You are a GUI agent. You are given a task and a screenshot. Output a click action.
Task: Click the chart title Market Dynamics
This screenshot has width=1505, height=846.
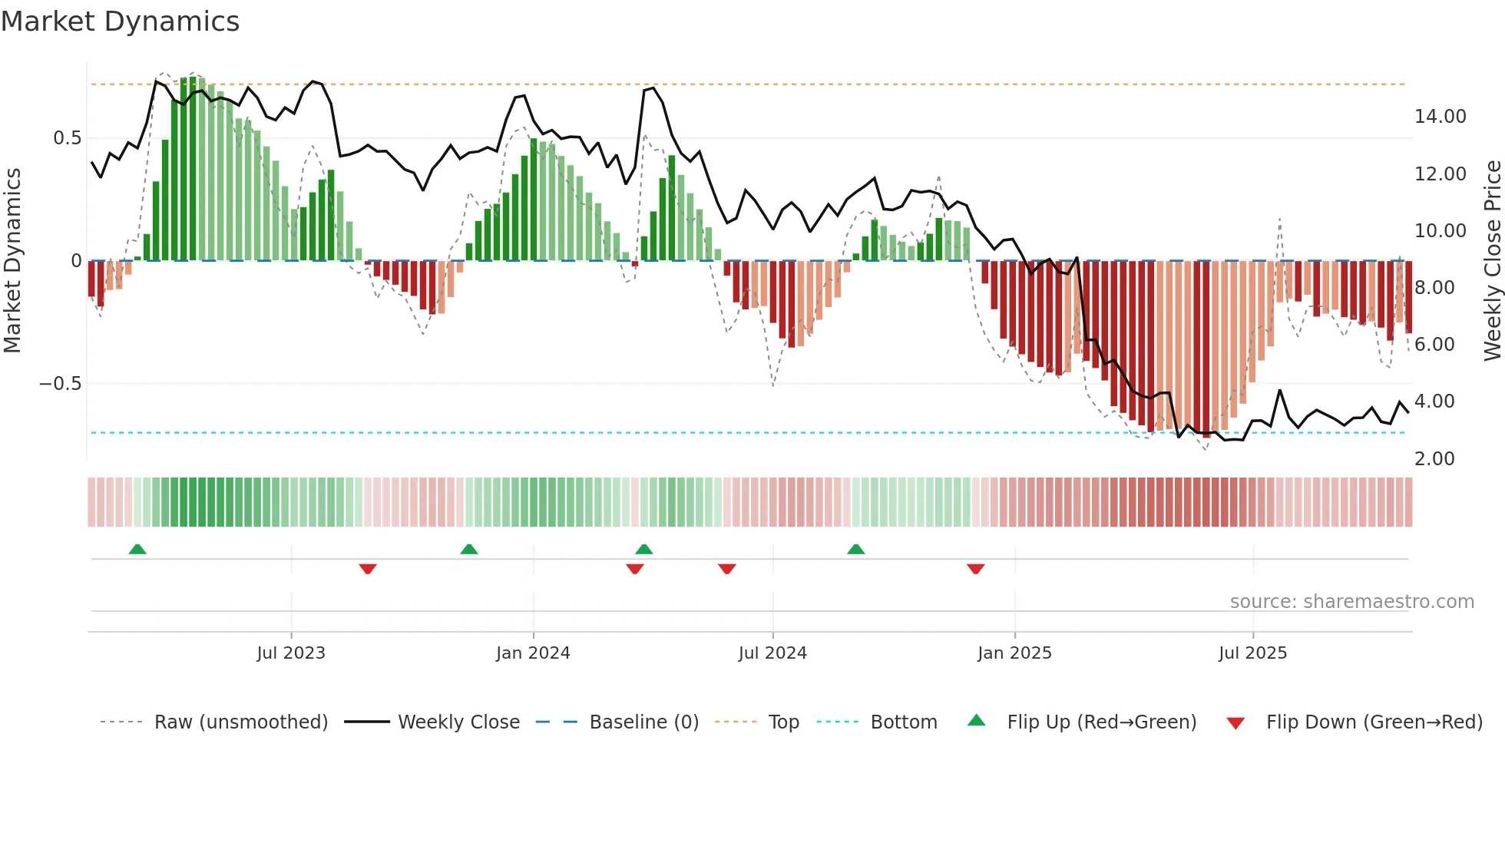point(120,21)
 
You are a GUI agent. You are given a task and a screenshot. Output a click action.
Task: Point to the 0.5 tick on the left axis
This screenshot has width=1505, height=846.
point(67,138)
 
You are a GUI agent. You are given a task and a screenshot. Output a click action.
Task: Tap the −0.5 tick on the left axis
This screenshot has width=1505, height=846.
point(61,384)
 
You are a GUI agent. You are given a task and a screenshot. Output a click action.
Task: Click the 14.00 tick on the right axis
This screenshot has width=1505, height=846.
point(1440,117)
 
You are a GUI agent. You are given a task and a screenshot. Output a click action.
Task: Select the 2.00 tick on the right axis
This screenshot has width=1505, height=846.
point(1434,459)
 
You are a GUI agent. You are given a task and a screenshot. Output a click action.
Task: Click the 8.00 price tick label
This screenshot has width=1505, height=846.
point(1434,288)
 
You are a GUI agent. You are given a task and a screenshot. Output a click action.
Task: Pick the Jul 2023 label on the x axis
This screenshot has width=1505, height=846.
point(291,653)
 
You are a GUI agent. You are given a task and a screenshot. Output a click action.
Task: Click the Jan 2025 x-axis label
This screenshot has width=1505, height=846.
point(1014,653)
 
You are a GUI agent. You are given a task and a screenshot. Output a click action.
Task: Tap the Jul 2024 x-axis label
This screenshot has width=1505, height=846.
point(772,653)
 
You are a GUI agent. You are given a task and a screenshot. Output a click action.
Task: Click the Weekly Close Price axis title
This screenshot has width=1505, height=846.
point(1492,261)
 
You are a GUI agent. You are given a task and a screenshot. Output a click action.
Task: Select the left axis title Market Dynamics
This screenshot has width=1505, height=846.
point(12,261)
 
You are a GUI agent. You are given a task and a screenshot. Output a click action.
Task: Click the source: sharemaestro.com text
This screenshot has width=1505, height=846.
point(1351,602)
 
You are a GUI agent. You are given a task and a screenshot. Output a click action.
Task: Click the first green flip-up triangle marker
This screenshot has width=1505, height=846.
point(137,549)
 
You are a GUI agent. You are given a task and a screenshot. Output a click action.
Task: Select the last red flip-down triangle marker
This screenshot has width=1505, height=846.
point(975,569)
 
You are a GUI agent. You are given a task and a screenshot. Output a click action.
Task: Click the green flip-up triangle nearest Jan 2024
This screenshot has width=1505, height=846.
point(469,549)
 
